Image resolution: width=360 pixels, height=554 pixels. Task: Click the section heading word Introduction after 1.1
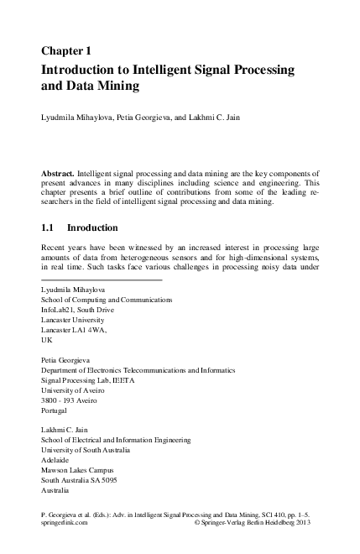tap(93, 227)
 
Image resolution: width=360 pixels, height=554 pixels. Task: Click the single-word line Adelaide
tap(57, 459)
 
